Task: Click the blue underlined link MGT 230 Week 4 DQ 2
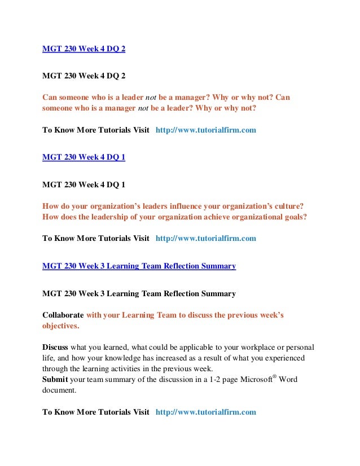point(84,49)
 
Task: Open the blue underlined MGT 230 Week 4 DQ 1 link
point(84,157)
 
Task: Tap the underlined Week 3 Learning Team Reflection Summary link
point(139,266)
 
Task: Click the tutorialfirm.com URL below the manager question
point(205,130)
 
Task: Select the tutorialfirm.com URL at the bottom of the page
point(205,412)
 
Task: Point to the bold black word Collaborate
point(63,315)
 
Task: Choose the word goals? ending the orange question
point(295,217)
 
